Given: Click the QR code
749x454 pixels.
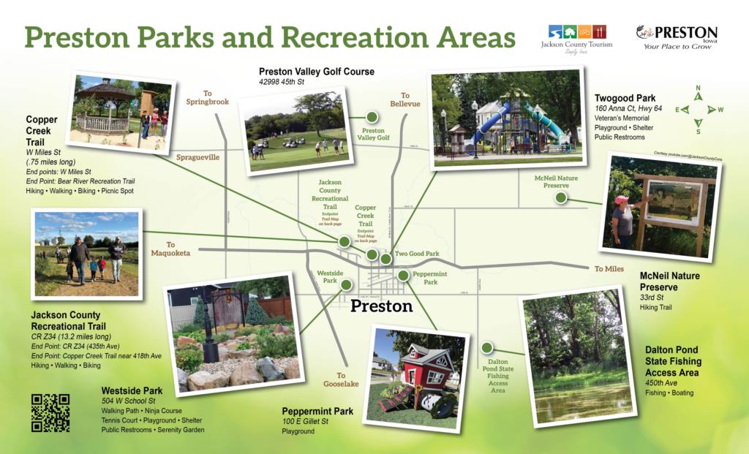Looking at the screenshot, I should click(x=50, y=413).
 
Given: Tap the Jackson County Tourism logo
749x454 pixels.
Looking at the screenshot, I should click(x=581, y=37).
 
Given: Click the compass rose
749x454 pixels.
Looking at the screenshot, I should click(x=698, y=110).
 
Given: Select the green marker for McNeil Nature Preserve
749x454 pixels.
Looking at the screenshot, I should click(x=560, y=197).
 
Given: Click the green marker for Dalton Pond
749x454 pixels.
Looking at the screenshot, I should click(x=486, y=347).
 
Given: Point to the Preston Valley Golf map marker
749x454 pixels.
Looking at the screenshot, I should click(x=372, y=117).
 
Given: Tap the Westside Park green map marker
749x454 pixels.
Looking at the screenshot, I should click(x=346, y=285).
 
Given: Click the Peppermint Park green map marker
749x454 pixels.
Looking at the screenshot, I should click(x=403, y=276).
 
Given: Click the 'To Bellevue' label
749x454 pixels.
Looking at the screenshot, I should click(x=404, y=100).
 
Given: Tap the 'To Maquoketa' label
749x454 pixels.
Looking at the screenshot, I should click(x=170, y=249).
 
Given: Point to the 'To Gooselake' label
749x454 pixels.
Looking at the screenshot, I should click(x=341, y=379).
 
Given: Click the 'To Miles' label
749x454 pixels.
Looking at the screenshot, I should click(x=609, y=269).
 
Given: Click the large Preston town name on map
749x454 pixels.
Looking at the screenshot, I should click(x=381, y=306).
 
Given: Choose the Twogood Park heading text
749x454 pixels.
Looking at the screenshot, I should click(x=626, y=98).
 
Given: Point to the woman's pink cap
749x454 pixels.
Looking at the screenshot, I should click(x=622, y=200).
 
